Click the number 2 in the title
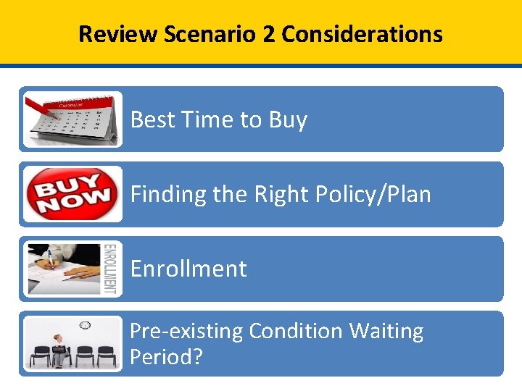click(269, 33)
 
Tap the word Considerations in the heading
click(362, 33)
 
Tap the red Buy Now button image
click(71, 194)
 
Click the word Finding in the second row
click(167, 194)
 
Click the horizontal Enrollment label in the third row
click(188, 269)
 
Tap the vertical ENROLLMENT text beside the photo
click(110, 269)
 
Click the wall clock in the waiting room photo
click(84, 325)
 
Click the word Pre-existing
click(186, 331)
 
